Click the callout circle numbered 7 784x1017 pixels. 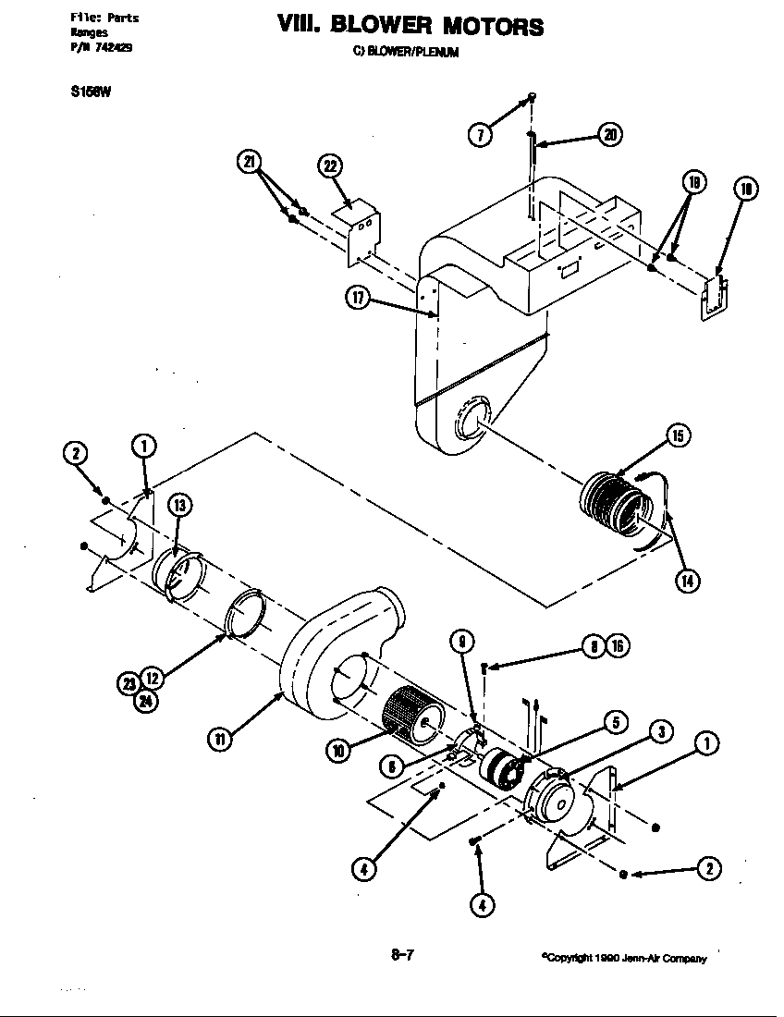click(479, 134)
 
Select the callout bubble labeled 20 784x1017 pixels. click(610, 134)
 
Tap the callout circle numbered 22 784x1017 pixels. click(330, 165)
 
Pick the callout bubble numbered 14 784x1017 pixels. click(687, 580)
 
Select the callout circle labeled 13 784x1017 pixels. click(178, 504)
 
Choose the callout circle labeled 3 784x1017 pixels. click(659, 733)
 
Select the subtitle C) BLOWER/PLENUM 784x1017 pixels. click(406, 52)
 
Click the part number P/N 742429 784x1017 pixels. click(101, 49)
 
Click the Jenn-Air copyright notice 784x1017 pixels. click(624, 959)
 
